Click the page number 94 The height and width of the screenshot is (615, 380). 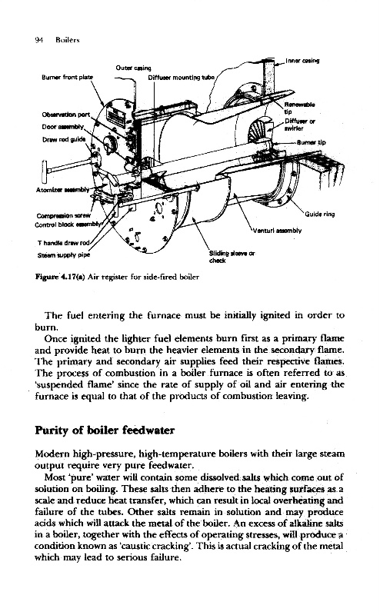(39, 40)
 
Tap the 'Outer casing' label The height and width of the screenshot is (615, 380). (134, 68)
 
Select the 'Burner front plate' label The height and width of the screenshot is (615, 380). (68, 78)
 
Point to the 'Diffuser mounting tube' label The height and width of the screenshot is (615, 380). (182, 78)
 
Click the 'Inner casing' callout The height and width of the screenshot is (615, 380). (302, 61)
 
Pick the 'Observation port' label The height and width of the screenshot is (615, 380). (66, 115)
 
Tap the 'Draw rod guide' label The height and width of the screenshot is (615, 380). (64, 140)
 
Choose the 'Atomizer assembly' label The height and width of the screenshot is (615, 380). (63, 190)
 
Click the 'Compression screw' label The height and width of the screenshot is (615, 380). (63, 216)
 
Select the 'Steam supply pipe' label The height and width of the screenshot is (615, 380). (64, 255)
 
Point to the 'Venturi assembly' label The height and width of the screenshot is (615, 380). (277, 231)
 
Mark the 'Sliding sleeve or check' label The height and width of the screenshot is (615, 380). (232, 257)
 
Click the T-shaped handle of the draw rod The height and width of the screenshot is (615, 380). (44, 169)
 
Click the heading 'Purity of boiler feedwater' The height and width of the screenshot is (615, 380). (105, 430)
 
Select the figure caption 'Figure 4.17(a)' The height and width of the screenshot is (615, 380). (61, 277)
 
